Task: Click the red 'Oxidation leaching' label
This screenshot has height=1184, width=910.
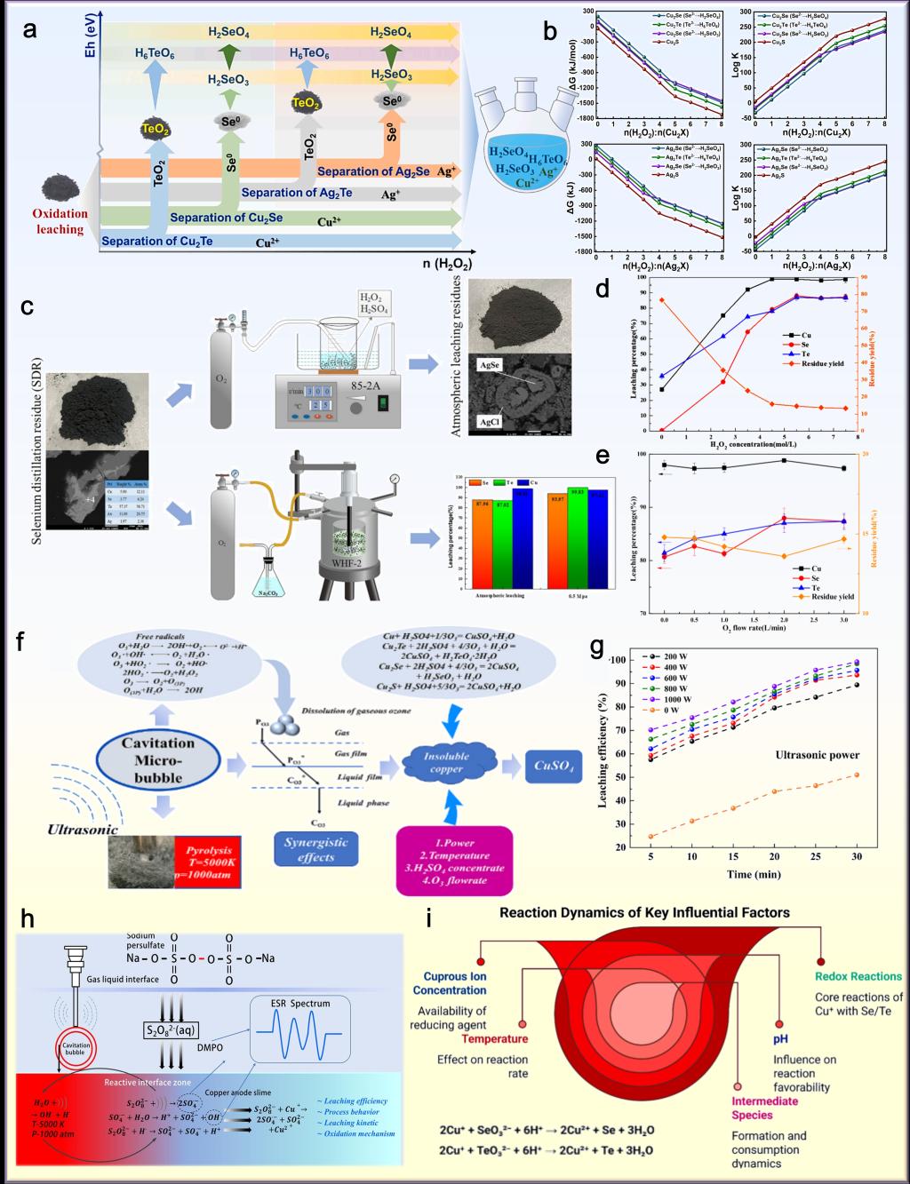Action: pos(60,221)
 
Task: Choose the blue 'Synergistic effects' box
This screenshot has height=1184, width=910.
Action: pos(315,848)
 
